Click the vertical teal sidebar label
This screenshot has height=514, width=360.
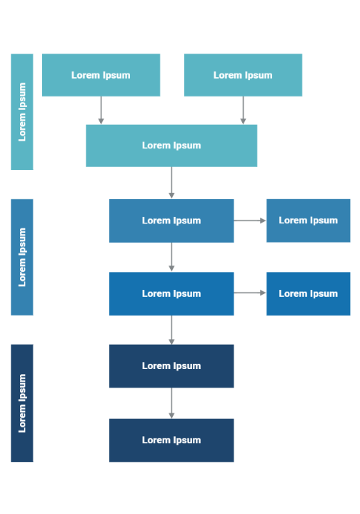click(x=22, y=111)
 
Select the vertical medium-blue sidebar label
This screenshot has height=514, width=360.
click(x=22, y=257)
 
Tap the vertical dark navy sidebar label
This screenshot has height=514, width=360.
click(x=22, y=403)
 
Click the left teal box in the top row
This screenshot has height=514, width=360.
click(x=101, y=75)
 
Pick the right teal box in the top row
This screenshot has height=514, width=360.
click(x=243, y=75)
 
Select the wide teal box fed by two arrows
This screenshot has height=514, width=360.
click(x=171, y=146)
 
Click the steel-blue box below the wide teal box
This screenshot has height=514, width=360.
click(x=171, y=221)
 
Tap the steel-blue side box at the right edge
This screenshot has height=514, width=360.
click(x=308, y=221)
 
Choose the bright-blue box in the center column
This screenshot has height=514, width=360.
click(x=171, y=293)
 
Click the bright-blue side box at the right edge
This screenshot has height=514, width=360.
click(x=308, y=293)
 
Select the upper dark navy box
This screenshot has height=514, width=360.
click(x=171, y=366)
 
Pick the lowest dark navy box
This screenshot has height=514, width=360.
click(x=171, y=440)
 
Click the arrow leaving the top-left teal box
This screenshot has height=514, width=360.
click(x=101, y=110)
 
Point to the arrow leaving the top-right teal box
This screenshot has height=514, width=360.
click(x=243, y=110)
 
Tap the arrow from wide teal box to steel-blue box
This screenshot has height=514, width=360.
click(x=171, y=183)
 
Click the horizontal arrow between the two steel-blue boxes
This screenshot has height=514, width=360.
click(x=250, y=221)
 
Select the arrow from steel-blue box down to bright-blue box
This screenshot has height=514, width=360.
click(x=171, y=257)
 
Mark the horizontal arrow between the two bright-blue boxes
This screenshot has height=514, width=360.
click(x=250, y=293)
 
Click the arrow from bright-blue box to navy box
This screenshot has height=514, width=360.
click(x=171, y=330)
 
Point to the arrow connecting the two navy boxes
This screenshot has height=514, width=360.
click(x=171, y=403)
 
